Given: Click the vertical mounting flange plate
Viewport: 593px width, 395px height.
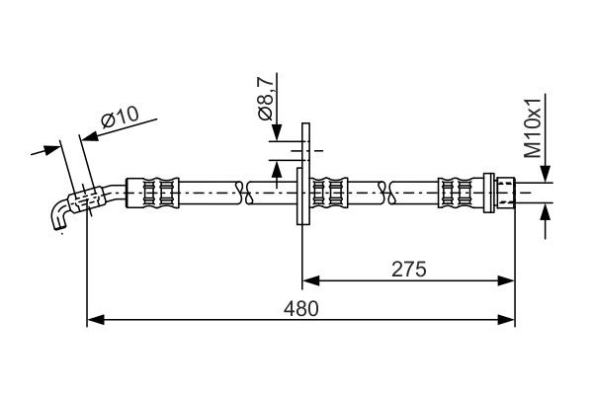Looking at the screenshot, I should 303,174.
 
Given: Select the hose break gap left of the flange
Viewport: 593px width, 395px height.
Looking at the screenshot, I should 246,190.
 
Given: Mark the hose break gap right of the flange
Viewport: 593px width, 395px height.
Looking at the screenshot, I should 387,190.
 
